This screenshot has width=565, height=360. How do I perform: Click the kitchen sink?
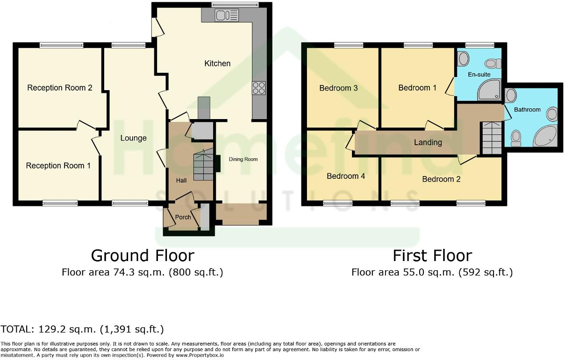[x=227, y=16]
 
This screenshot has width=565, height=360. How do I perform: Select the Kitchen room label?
[x=217, y=63]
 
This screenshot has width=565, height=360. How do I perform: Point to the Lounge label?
[x=133, y=138]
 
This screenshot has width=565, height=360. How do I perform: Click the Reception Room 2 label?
[x=59, y=88]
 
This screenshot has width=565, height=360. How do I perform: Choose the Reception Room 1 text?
[x=58, y=166]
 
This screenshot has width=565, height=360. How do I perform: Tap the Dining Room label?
[x=243, y=159]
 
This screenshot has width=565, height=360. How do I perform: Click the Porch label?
[x=183, y=217]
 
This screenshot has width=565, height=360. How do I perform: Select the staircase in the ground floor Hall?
[x=203, y=167]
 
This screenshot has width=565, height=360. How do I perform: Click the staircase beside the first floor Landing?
[x=491, y=138]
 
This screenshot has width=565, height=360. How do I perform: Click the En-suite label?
[x=479, y=74]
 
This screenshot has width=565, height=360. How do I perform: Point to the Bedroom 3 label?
[x=338, y=88]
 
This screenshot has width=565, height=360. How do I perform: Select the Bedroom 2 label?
[x=441, y=179]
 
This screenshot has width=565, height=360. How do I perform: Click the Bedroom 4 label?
[x=346, y=176]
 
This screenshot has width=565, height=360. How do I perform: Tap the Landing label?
[x=428, y=142]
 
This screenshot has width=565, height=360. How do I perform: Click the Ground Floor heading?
[x=142, y=255]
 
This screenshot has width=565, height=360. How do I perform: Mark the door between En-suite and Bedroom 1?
[x=451, y=86]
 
